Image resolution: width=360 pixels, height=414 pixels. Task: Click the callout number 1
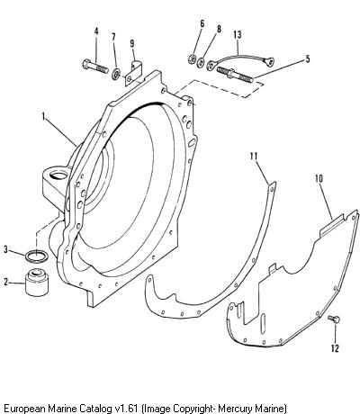click(x=44, y=117)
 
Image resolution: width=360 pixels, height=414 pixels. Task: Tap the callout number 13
click(x=237, y=35)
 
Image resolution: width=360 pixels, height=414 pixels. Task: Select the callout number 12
click(x=335, y=348)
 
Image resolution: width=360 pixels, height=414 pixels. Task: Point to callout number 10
click(x=319, y=179)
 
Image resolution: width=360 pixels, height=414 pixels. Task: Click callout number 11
click(x=254, y=157)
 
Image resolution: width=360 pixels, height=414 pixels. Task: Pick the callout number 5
click(x=308, y=59)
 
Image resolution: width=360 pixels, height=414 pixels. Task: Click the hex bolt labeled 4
click(x=95, y=67)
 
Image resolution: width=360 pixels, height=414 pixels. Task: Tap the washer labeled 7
click(x=115, y=75)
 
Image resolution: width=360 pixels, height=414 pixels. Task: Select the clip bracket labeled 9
click(x=133, y=73)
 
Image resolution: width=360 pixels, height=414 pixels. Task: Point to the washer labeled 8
click(x=201, y=62)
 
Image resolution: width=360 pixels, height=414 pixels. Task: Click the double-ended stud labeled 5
click(x=234, y=75)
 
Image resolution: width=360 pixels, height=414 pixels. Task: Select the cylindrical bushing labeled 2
click(x=36, y=283)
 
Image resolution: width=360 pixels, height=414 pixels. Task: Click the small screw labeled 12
click(x=334, y=319)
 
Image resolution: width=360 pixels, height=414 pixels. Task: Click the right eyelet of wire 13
click(x=269, y=62)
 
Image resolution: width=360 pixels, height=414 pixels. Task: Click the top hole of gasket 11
click(x=272, y=189)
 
